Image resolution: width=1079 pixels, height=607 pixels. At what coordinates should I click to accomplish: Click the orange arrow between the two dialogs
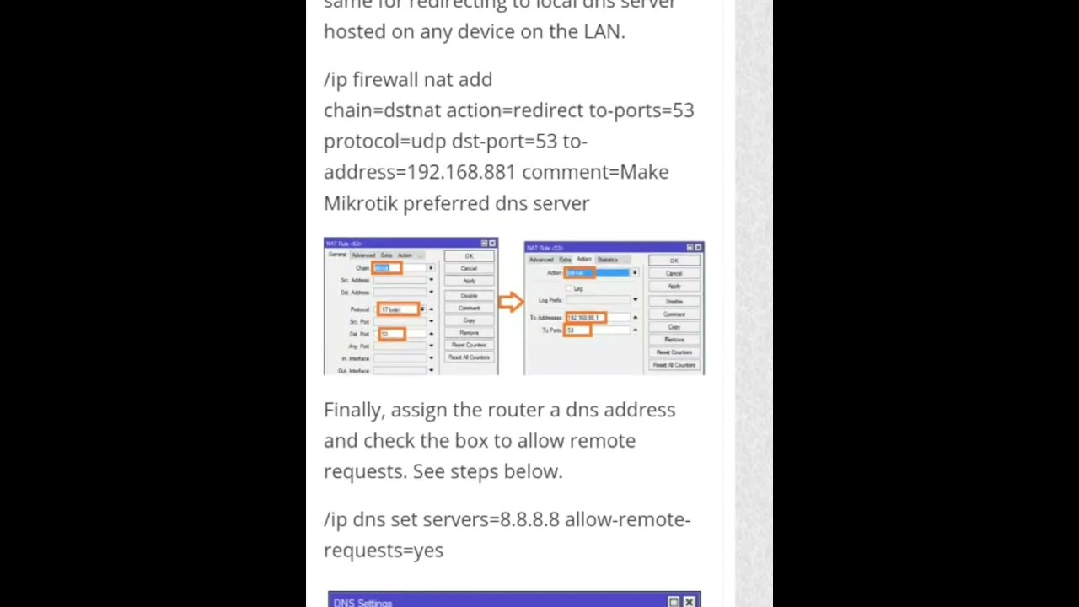click(x=510, y=302)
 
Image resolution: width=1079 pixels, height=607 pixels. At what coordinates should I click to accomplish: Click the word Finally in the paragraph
click(x=353, y=410)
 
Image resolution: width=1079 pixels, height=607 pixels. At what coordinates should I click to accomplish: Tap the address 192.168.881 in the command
click(x=460, y=172)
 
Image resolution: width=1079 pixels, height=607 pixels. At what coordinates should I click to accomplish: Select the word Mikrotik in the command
click(x=360, y=203)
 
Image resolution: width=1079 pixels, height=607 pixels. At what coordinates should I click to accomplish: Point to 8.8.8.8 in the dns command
click(x=529, y=519)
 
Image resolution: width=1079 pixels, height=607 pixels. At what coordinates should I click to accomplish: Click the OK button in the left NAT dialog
click(x=469, y=256)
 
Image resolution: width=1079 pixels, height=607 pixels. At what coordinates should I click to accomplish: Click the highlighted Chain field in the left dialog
click(x=388, y=268)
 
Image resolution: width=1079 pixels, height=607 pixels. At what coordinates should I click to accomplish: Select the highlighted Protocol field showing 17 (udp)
click(x=397, y=309)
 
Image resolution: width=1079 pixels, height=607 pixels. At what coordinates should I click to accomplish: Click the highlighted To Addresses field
click(x=585, y=318)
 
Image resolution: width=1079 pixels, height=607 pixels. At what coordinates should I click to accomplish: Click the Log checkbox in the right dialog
click(x=569, y=288)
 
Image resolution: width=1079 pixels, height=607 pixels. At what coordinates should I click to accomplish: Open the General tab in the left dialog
click(x=337, y=255)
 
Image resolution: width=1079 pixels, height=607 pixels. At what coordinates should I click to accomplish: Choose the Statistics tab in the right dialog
click(x=607, y=259)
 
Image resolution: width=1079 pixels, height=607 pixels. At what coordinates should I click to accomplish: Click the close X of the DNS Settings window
click(x=690, y=602)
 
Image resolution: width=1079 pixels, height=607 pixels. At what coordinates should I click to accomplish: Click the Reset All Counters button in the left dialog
click(x=469, y=357)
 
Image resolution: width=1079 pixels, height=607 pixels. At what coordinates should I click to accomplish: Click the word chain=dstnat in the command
click(x=382, y=110)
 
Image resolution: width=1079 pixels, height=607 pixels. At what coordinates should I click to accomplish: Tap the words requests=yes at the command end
click(x=383, y=551)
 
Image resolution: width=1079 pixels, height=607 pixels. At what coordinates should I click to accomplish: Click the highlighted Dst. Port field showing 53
click(x=391, y=334)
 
